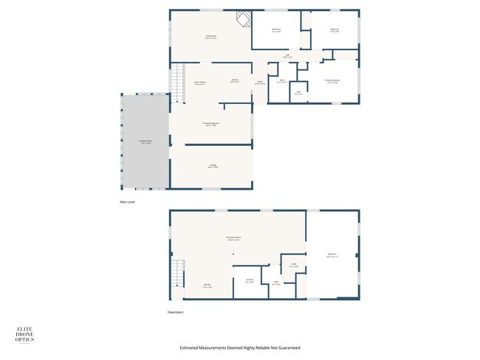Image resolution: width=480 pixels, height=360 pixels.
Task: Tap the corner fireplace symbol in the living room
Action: pyautogui.click(x=243, y=18)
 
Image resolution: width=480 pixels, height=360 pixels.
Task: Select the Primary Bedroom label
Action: pyautogui.click(x=332, y=80)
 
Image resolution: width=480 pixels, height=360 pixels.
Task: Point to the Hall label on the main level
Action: pyautogui.click(x=287, y=55)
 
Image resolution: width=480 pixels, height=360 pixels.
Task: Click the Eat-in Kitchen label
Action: pyautogui.click(x=199, y=83)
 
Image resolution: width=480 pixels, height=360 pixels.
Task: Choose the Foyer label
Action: pyautogui.click(x=260, y=83)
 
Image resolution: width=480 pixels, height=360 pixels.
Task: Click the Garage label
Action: pyautogui.click(x=213, y=167)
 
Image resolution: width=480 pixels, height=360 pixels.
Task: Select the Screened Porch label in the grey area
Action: pyautogui.click(x=146, y=141)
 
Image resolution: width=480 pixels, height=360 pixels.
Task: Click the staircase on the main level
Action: pyautogui.click(x=177, y=83)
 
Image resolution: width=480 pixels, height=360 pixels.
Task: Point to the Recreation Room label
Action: pyautogui.click(x=233, y=238)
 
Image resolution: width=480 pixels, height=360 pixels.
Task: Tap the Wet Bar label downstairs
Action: pyautogui.click(x=208, y=285)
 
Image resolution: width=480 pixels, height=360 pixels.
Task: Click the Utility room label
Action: pyautogui.click(x=293, y=265)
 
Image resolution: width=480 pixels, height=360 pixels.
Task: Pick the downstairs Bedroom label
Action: pyautogui.click(x=332, y=255)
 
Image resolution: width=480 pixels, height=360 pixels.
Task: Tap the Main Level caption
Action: pyautogui.click(x=128, y=201)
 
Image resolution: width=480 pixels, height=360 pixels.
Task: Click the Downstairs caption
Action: pyautogui.click(x=175, y=312)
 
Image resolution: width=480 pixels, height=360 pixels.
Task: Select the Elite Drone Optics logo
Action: pyautogui.click(x=25, y=335)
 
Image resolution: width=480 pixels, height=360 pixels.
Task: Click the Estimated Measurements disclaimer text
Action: pyautogui.click(x=240, y=347)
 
